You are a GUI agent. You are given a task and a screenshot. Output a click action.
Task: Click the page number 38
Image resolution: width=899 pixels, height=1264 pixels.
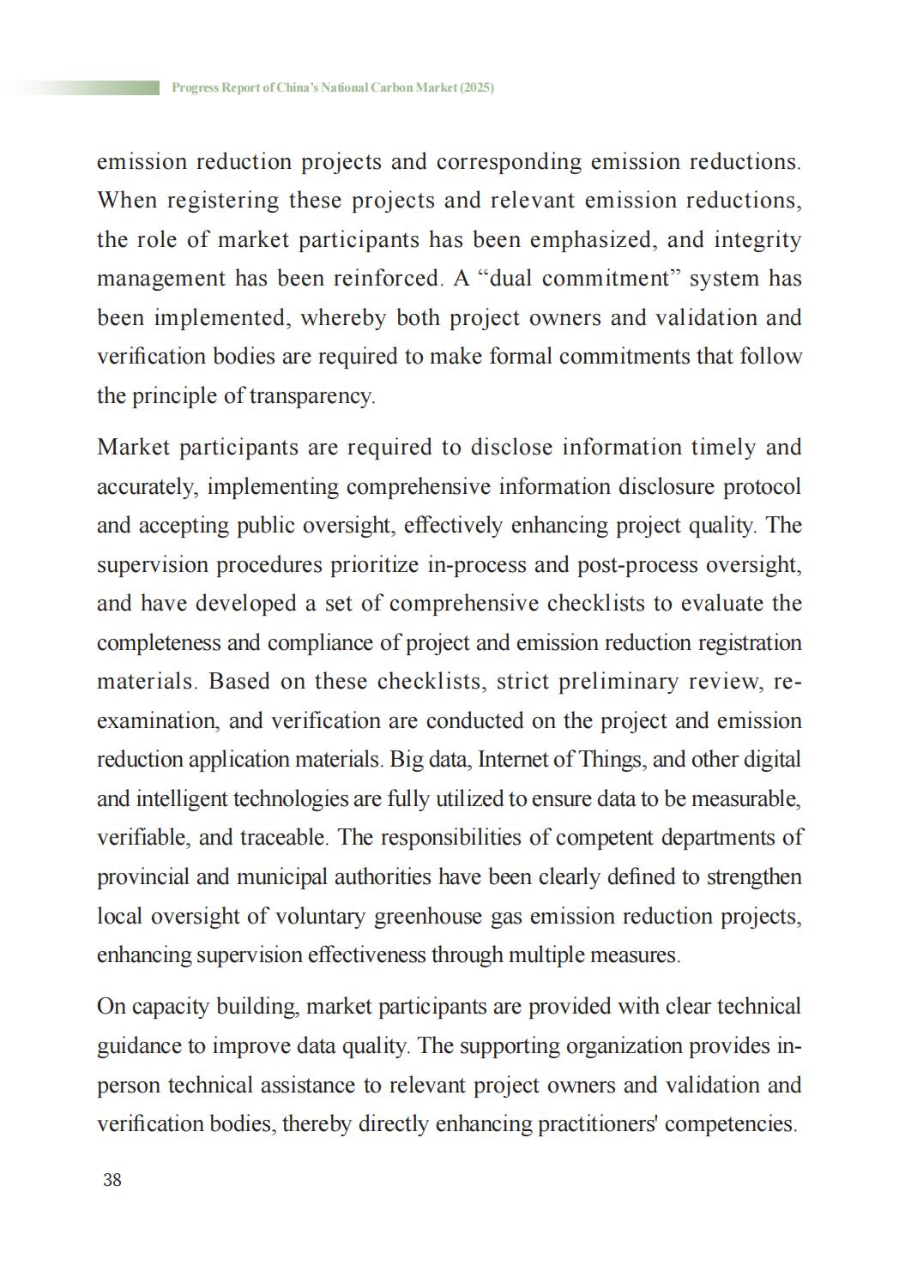pyautogui.click(x=112, y=1180)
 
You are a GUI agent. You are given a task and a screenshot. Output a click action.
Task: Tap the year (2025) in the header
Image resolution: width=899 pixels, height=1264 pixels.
pyautogui.click(x=477, y=87)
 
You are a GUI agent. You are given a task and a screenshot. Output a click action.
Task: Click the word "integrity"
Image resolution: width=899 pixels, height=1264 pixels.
pyautogui.click(x=757, y=239)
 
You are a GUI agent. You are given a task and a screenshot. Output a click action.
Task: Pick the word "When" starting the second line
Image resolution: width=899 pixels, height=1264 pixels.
pyautogui.click(x=127, y=201)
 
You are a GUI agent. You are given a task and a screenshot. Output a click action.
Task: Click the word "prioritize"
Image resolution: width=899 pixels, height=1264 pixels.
pyautogui.click(x=378, y=565)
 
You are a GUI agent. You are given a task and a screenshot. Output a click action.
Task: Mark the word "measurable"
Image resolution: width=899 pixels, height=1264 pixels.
pyautogui.click(x=745, y=799)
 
